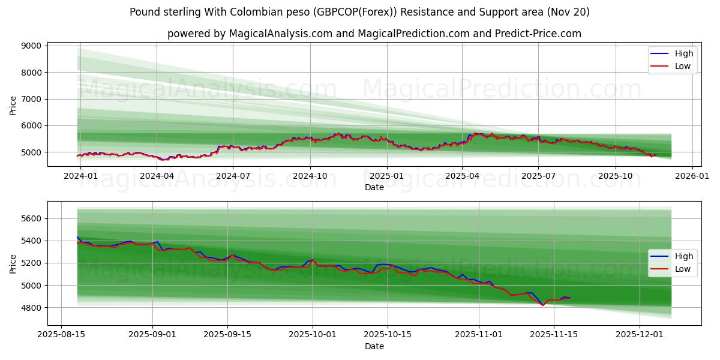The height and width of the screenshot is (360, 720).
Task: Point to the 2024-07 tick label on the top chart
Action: click(233, 176)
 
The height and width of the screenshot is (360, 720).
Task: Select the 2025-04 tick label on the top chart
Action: click(462, 176)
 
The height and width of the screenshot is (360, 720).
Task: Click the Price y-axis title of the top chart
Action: click(13, 106)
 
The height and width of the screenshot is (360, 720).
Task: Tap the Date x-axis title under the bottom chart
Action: click(374, 346)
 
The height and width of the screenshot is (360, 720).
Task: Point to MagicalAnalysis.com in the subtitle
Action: click(281, 34)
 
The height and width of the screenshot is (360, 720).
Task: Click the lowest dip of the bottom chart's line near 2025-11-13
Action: click(543, 305)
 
